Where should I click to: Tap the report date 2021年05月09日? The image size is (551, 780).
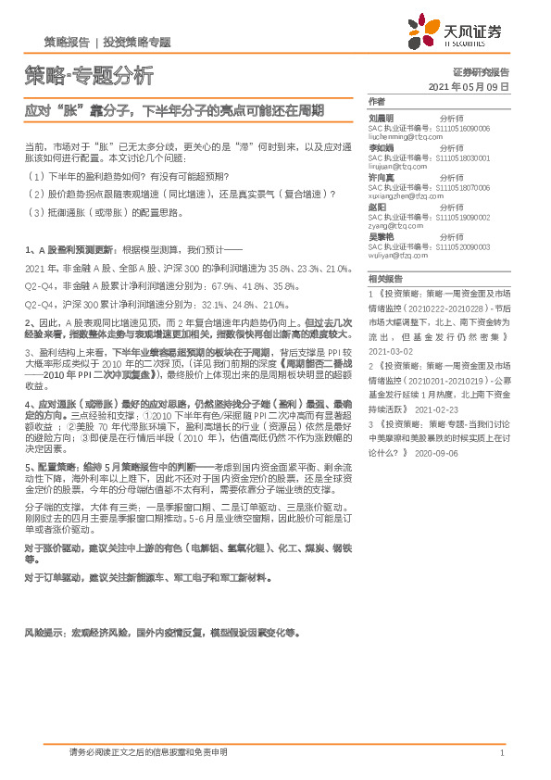(x=470, y=86)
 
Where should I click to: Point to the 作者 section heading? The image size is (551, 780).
(x=376, y=101)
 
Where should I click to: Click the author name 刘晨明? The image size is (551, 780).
(x=382, y=119)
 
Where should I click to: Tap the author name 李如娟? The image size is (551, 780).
(x=382, y=146)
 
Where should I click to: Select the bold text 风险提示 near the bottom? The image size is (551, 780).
(x=44, y=633)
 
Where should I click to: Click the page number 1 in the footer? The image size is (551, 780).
(x=501, y=753)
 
